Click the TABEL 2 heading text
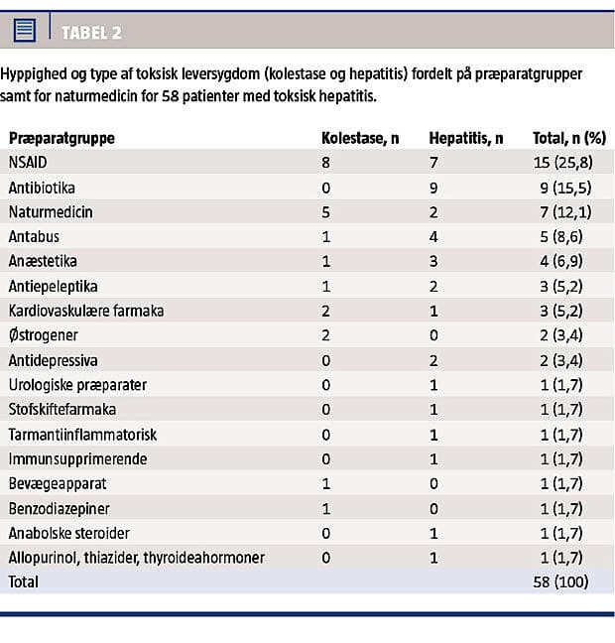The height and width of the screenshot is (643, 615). point(91,33)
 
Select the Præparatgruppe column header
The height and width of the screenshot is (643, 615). point(61,138)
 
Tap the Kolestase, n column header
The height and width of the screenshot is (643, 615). point(360,138)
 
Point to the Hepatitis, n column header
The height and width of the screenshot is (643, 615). point(465,138)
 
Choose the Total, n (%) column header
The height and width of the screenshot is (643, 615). point(569,138)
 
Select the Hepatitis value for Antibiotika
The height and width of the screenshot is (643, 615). point(433,187)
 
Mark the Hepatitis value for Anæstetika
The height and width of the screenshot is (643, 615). point(433,261)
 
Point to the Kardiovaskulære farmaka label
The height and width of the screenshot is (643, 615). point(86,311)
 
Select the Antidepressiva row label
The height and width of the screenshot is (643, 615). point(54,360)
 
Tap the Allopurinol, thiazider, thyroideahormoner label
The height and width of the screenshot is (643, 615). point(136,558)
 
